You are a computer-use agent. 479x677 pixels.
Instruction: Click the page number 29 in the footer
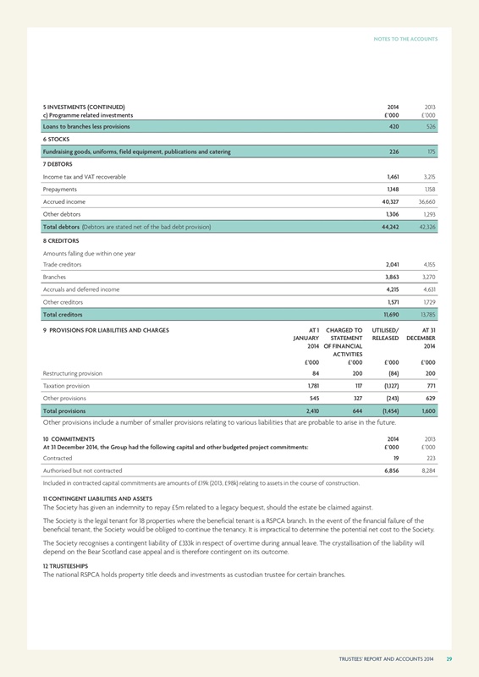(449, 658)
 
